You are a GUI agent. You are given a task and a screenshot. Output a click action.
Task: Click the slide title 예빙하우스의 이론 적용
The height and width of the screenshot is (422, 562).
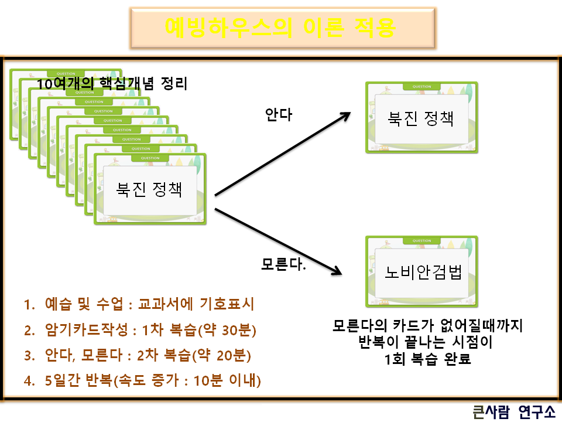pos(280,27)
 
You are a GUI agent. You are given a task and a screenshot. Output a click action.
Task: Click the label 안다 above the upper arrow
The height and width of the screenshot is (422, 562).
pos(278,115)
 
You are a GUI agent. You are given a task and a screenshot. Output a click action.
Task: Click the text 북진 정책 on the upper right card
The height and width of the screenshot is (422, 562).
pos(421,117)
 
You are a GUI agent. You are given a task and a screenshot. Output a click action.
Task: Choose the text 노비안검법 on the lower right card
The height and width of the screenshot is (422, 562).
pos(423,272)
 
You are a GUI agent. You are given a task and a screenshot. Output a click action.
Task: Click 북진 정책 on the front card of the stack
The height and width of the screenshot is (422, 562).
pos(149,189)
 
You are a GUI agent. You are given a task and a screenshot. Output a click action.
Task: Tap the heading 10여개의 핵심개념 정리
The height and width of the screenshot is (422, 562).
pos(112,84)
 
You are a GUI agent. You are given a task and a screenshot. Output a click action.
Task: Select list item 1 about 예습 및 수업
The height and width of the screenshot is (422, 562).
pos(139,305)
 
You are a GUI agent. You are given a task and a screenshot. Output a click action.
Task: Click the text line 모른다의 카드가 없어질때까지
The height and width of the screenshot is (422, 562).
pos(427,325)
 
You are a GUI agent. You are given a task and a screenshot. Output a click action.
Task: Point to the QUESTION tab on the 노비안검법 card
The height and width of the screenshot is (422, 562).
pos(421,241)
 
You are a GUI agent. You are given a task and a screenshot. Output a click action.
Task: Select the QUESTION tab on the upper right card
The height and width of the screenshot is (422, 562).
pos(421,87)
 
